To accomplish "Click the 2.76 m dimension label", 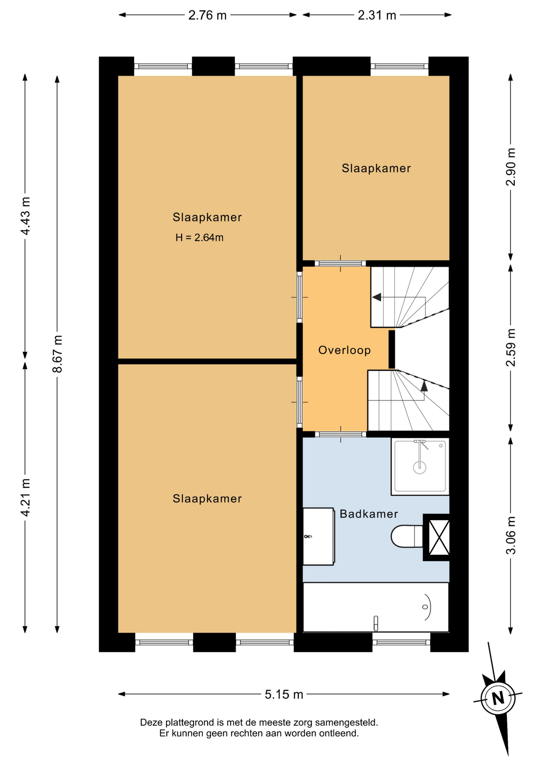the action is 207,15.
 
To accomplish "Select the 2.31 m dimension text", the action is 377,15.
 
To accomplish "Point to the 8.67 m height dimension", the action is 58,354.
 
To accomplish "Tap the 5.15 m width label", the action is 284,694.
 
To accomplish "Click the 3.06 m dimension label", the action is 511,535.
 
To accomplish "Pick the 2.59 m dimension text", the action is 511,348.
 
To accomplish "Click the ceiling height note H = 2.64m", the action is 199,238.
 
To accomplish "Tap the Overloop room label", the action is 344,350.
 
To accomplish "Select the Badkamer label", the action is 369,514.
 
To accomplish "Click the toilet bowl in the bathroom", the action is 406,536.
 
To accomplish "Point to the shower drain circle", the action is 419,467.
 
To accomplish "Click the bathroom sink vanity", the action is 318,536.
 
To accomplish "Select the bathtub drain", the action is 425,607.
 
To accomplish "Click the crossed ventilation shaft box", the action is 438,537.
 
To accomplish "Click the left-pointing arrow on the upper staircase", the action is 376,297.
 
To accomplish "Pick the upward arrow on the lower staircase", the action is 424,385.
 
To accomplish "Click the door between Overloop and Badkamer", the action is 341,434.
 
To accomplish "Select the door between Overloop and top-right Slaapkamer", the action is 341,263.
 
